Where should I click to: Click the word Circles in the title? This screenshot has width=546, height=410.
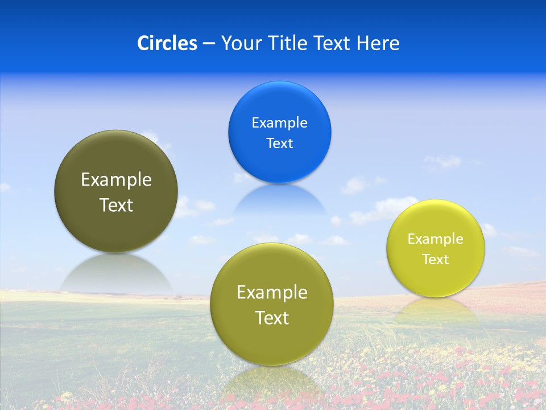(x=167, y=43)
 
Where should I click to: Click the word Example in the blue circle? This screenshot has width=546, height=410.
(x=279, y=123)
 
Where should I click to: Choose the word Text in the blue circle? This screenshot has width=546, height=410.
(x=279, y=143)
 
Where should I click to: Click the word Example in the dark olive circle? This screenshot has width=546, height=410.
(x=116, y=180)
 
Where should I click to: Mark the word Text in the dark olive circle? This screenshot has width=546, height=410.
(x=116, y=205)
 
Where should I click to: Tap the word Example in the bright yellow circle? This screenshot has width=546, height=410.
(x=436, y=239)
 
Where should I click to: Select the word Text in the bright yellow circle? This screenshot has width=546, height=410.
(x=436, y=260)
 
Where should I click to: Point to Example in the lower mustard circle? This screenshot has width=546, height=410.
(x=272, y=293)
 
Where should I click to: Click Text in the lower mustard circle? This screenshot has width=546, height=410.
(x=272, y=318)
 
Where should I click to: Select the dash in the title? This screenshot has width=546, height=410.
(x=209, y=44)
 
